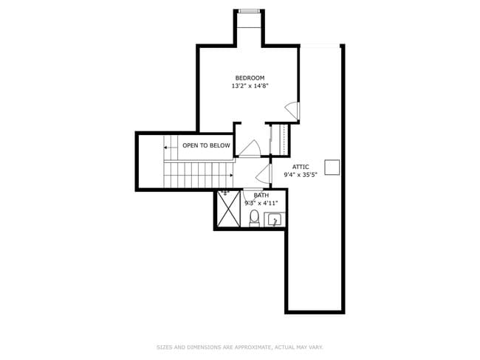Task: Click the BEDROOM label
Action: (250, 78)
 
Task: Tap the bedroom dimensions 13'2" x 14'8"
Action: (250, 86)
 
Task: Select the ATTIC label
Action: (301, 167)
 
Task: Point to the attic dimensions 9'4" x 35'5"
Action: (301, 175)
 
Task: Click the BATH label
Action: (261, 195)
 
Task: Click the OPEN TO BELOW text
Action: (206, 145)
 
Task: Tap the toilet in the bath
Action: (254, 217)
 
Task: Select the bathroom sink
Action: (274, 219)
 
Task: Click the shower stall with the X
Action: (229, 209)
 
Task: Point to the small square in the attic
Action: (332, 167)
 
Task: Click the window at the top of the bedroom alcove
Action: (248, 10)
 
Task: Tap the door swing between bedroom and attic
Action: (293, 111)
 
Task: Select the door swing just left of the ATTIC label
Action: (261, 174)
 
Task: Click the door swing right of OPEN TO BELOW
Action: (248, 148)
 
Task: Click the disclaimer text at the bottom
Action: (240, 347)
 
